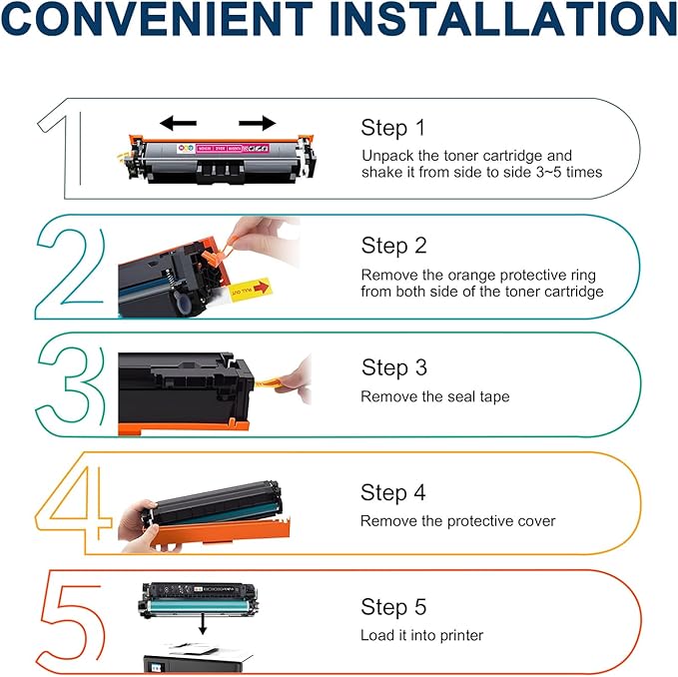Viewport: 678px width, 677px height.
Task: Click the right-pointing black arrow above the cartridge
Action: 258,123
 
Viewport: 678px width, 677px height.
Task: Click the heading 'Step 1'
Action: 392,129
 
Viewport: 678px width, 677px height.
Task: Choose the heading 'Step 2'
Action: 393,246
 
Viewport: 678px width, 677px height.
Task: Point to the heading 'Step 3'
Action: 393,368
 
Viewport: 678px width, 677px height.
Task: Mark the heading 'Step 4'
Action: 393,493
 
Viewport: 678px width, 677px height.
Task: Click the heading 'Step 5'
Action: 393,607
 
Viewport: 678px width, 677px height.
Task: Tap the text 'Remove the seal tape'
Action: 434,397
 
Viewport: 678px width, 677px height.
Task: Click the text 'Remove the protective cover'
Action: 457,521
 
